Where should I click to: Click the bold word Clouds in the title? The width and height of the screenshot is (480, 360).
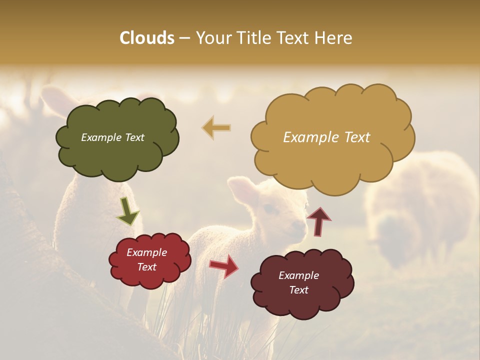coord(147,38)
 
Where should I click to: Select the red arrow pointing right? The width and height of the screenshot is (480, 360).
coord(223,265)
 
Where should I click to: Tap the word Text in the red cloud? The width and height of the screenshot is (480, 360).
coord(147,267)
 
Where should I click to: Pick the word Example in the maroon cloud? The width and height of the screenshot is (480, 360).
coord(298,275)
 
